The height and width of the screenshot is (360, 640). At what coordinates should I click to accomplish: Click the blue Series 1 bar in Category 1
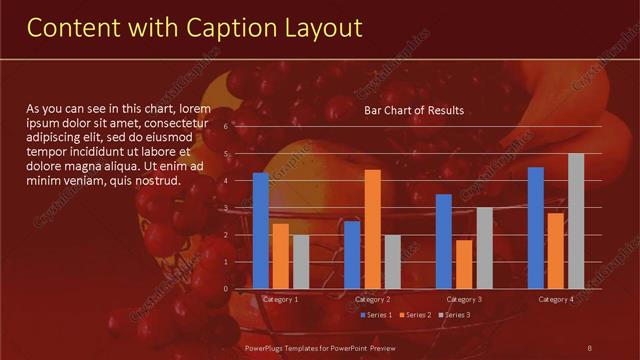coord(261,231)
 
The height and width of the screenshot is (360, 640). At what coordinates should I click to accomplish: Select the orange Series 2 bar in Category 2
coord(372,229)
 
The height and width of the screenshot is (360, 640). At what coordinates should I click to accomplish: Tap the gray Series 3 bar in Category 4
coord(576,221)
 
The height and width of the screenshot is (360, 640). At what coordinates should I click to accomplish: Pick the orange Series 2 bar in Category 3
coord(464,264)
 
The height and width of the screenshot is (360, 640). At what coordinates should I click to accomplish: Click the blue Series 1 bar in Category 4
coord(536,228)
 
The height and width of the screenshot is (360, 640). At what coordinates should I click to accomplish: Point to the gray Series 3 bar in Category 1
coord(301,262)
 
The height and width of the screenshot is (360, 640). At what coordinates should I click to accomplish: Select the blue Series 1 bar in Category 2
coord(352,255)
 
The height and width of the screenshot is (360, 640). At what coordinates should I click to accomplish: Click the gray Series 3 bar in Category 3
coord(484,248)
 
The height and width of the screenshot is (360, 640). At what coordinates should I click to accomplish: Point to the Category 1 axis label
coord(280,299)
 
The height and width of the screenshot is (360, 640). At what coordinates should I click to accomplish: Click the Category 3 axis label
coord(464,299)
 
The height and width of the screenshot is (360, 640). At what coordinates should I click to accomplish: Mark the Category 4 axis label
coord(556,299)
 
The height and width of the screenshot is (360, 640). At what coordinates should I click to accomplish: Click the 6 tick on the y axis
coord(240,127)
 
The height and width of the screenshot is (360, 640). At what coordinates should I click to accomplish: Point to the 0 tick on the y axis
coord(240,289)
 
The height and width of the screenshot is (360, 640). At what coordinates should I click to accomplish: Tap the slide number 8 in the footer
coord(589,347)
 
